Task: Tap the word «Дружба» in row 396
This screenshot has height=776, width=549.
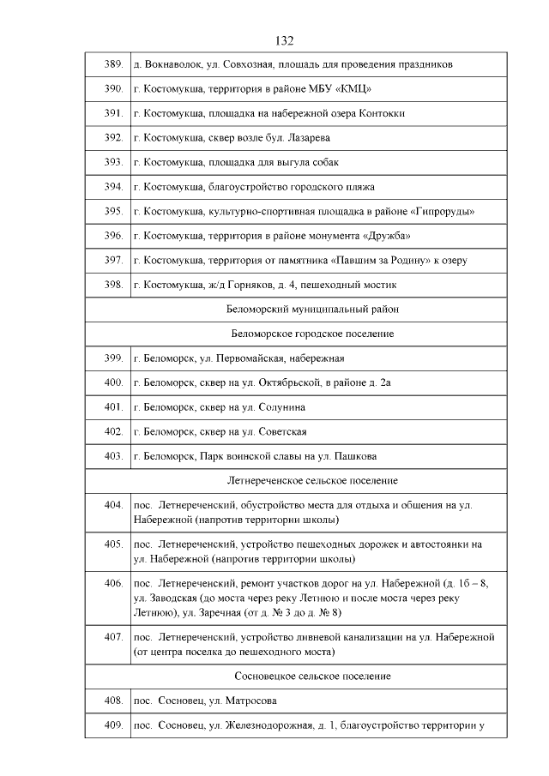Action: (x=383, y=235)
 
